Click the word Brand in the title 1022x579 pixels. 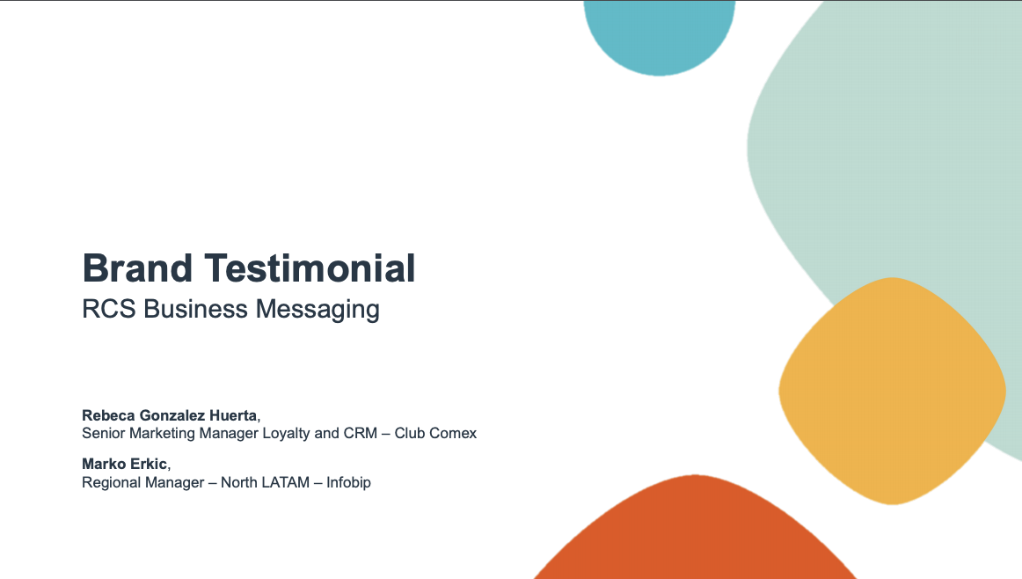(137, 268)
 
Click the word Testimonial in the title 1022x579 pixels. (310, 268)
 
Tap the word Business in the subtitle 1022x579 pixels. (195, 309)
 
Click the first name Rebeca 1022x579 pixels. (108, 415)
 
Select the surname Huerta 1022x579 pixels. (233, 415)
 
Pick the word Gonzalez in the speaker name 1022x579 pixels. (172, 415)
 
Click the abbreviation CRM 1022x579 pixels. (361, 434)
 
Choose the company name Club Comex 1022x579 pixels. (435, 434)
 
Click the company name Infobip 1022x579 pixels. (348, 482)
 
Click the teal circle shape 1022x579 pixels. (659, 33)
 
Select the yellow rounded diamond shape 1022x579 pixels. (893, 392)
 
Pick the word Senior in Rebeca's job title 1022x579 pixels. (103, 434)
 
